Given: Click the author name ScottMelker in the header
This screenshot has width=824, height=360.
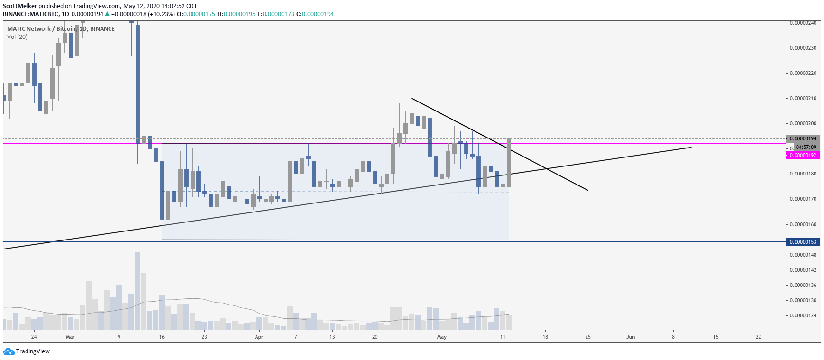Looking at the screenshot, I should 20,6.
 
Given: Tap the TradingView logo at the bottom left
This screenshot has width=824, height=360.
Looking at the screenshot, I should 27,351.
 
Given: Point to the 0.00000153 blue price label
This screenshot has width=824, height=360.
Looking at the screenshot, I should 803,242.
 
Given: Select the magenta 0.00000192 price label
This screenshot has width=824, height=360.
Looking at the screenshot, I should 803,155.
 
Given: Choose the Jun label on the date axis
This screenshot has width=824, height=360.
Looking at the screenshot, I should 631,337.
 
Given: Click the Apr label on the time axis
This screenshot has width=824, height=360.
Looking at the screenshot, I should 259,337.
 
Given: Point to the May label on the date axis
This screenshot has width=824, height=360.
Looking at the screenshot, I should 442,337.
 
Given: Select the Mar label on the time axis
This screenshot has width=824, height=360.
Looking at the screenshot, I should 70,337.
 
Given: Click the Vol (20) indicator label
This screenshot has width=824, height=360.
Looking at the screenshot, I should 17,37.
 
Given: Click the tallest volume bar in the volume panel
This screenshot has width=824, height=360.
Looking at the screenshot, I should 137,290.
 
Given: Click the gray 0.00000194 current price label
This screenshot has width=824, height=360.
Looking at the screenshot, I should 803,138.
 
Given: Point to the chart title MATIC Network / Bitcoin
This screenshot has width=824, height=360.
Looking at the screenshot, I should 41,28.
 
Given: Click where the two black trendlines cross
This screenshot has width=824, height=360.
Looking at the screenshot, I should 547,169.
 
